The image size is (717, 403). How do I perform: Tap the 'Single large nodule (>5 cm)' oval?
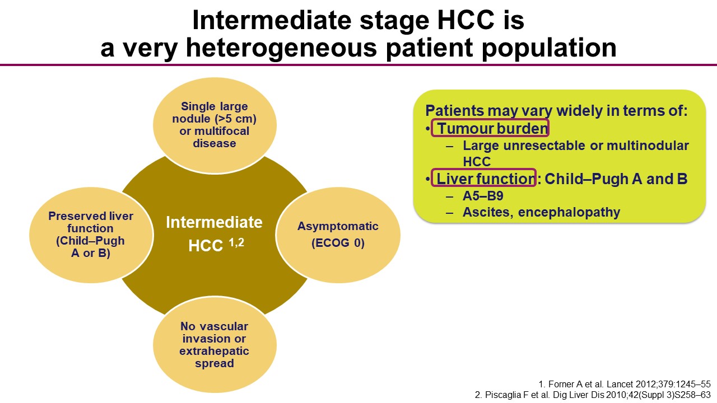click(x=215, y=125)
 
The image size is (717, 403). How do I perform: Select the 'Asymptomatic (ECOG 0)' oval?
click(x=338, y=235)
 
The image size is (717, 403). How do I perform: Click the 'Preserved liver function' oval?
click(x=91, y=235)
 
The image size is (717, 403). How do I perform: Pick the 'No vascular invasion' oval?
click(x=215, y=345)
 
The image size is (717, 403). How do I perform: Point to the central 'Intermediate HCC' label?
click(x=214, y=234)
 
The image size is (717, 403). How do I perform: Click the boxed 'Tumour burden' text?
click(x=490, y=128)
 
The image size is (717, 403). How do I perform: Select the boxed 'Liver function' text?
click(x=483, y=178)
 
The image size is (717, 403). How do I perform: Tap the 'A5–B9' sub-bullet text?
click(x=483, y=196)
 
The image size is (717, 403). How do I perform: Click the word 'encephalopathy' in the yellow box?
click(x=569, y=212)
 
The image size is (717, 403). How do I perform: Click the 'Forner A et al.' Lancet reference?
click(x=624, y=384)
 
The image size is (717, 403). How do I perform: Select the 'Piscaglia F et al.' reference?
click(x=593, y=395)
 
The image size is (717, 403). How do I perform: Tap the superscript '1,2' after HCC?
click(x=236, y=242)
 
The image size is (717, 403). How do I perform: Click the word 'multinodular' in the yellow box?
click(x=648, y=146)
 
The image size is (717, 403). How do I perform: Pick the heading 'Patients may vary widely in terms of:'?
click(x=556, y=111)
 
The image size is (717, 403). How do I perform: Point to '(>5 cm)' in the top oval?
click(x=236, y=119)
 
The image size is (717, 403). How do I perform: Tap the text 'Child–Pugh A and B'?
click(x=616, y=179)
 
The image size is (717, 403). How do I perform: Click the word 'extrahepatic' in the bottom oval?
click(x=214, y=351)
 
